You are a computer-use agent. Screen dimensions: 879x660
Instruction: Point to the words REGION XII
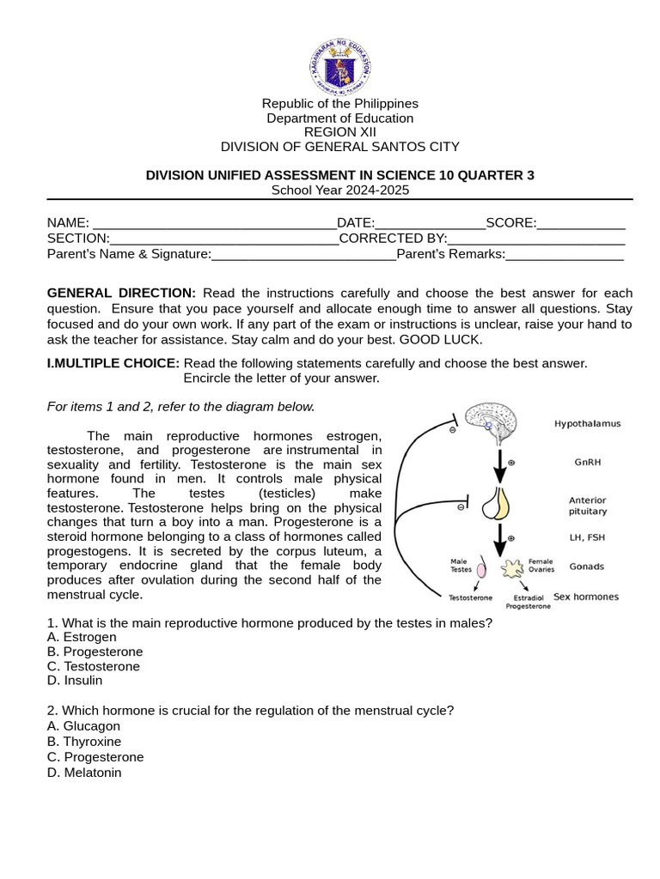(x=339, y=132)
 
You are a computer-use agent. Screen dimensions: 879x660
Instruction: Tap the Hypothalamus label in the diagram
(x=587, y=424)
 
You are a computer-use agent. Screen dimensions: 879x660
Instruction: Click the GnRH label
(x=587, y=462)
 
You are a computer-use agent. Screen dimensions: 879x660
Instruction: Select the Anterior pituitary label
(x=587, y=506)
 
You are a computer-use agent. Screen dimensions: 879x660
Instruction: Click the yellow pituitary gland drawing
(x=496, y=504)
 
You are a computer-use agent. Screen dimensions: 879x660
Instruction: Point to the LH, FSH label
(x=587, y=537)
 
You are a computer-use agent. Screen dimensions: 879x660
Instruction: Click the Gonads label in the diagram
(x=586, y=567)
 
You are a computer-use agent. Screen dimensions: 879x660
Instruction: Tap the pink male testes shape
(x=482, y=568)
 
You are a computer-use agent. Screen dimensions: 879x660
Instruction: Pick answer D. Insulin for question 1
(x=75, y=681)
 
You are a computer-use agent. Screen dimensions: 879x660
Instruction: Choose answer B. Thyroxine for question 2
(x=84, y=742)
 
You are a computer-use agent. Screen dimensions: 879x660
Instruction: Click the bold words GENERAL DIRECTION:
(x=121, y=293)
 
